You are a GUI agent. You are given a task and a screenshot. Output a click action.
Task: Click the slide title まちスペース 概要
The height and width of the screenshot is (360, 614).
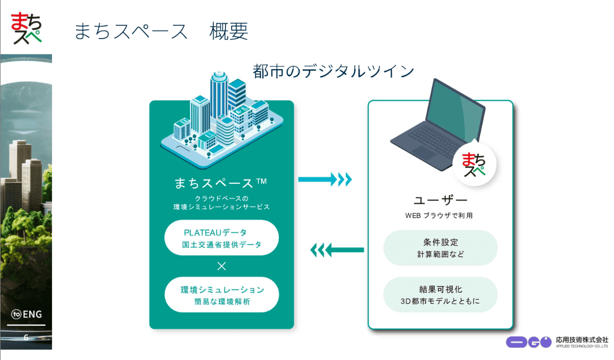(161, 31)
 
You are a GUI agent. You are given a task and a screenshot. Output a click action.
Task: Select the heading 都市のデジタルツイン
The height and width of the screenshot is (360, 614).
(334, 71)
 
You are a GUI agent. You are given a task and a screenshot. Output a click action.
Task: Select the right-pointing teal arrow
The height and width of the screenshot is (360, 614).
(325, 179)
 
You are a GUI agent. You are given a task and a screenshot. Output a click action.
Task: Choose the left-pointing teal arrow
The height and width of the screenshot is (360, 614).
(337, 251)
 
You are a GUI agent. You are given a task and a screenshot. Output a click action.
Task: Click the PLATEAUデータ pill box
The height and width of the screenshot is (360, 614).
(221, 238)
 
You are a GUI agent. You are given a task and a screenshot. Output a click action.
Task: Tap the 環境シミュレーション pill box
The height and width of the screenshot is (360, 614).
(221, 295)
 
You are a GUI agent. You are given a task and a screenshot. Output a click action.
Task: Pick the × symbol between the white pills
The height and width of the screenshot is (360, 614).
(221, 266)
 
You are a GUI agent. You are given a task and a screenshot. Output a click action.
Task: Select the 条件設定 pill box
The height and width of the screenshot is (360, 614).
(441, 248)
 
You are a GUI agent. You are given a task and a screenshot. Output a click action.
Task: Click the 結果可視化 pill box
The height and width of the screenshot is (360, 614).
(441, 295)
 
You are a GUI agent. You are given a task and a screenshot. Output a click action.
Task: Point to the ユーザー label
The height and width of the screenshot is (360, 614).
(441, 200)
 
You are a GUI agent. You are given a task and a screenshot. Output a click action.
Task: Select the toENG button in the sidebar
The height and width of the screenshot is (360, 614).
(27, 314)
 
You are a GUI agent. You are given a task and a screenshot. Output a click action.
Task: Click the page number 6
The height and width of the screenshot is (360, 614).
(26, 337)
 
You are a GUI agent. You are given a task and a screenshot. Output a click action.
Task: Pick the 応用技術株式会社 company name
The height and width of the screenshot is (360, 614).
(582, 340)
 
